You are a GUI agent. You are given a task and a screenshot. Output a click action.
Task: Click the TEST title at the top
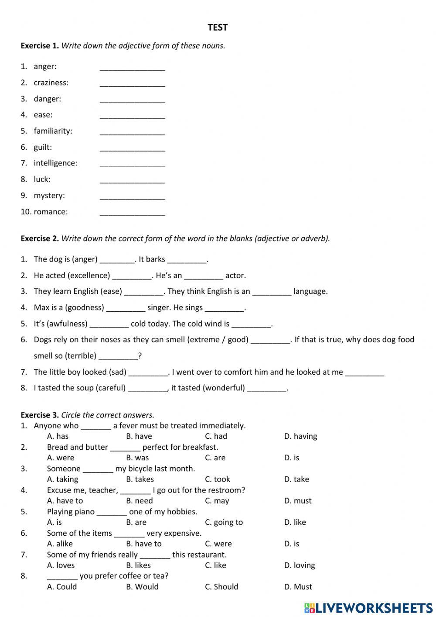218,28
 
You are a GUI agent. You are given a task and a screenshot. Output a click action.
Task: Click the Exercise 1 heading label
40,45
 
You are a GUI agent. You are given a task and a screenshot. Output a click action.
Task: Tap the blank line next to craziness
132,83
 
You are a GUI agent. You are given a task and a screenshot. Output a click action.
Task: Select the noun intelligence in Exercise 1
55,163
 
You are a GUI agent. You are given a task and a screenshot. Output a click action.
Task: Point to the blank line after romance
132,212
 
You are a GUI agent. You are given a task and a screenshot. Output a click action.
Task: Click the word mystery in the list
49,195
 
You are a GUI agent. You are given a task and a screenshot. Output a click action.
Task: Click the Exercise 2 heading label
40,238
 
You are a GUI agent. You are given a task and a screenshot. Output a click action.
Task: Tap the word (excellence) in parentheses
89,275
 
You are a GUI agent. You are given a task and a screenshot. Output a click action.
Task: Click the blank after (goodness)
126,308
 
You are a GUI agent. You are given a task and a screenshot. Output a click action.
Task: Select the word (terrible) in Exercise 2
81,355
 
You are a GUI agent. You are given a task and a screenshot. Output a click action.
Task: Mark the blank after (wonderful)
267,388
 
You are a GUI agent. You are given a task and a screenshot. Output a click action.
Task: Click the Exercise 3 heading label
40,415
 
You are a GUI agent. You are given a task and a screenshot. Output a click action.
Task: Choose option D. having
300,436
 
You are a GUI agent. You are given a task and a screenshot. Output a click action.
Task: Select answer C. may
217,500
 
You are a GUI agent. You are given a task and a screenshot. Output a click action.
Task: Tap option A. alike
60,544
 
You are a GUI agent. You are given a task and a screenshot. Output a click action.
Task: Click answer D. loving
300,565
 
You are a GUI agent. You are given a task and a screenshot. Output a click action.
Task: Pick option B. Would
142,586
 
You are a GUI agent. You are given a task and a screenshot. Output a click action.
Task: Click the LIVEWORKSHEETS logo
368,607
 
